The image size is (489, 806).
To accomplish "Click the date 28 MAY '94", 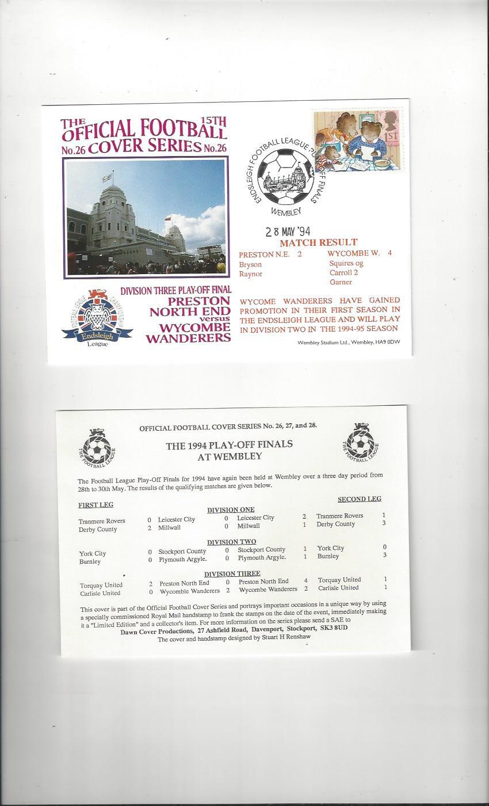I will [288, 232].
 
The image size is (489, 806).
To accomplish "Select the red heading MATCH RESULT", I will [327, 242].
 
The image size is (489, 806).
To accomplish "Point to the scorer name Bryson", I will [250, 264].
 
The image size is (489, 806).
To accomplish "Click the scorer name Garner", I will [341, 282].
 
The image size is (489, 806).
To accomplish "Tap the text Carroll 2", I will [343, 273].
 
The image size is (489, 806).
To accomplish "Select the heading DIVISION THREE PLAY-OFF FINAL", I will [175, 290].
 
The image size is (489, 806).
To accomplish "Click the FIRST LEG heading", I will [95, 505].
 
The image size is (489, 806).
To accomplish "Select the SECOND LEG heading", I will [359, 499].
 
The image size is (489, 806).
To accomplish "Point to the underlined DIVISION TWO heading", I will [231, 542].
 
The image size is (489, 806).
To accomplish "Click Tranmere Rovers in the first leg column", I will [102, 521].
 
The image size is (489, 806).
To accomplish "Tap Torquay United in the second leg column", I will [339, 580].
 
